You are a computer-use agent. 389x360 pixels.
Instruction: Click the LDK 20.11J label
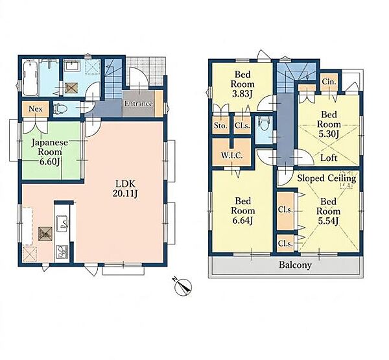(125, 189)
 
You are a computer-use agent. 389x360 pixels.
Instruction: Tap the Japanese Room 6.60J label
(50, 152)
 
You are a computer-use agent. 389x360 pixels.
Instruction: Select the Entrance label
(139, 104)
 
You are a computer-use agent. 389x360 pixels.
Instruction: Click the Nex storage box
(35, 109)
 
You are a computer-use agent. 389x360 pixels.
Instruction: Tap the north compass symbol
(183, 287)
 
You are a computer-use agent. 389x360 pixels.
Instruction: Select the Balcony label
(295, 265)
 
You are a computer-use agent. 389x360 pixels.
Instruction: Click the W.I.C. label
(231, 156)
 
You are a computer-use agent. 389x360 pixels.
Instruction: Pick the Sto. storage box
(220, 125)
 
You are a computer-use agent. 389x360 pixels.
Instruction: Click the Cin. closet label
(329, 81)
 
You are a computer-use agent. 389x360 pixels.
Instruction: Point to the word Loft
(329, 158)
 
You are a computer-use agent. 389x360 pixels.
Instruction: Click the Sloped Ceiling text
(327, 178)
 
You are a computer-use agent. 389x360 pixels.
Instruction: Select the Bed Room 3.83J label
(242, 84)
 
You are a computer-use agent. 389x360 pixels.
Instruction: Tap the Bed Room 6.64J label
(243, 211)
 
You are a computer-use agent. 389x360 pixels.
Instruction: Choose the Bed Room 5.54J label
(328, 211)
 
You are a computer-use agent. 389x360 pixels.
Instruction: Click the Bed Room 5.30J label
(329, 124)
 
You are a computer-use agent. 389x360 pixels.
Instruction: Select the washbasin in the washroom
(72, 66)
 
